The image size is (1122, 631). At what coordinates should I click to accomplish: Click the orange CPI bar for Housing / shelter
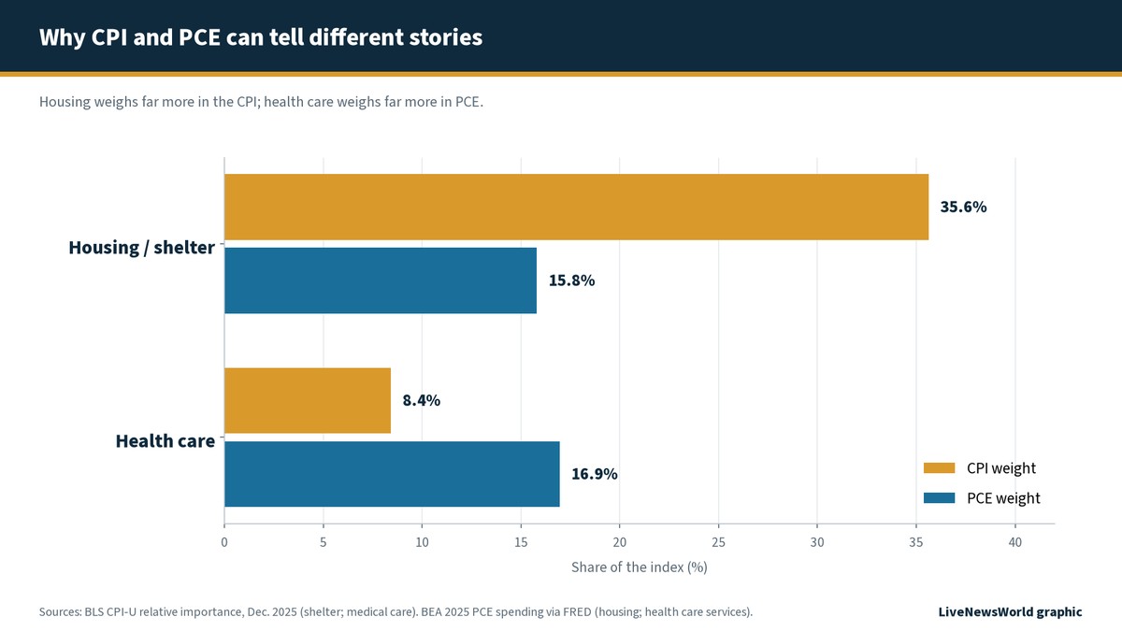point(577,207)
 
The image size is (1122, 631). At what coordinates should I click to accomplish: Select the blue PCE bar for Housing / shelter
point(381,280)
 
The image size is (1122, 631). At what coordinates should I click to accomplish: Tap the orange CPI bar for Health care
point(308,401)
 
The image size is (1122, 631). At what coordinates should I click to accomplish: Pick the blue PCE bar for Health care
point(392,474)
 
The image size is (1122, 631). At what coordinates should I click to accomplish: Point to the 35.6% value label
point(963,207)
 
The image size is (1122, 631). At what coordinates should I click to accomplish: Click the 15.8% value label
point(571,280)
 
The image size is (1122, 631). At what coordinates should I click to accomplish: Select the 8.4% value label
point(422,401)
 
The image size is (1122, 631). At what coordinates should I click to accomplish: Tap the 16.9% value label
point(595,474)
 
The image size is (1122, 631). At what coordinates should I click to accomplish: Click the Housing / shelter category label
point(142,248)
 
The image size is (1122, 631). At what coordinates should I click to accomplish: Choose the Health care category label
point(165,440)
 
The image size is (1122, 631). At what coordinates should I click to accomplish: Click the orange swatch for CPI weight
point(939,467)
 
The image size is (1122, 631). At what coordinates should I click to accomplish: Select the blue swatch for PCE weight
point(939,497)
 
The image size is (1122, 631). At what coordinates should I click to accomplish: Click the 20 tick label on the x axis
point(620,542)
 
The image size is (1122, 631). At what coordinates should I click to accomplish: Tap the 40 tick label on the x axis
point(1015,542)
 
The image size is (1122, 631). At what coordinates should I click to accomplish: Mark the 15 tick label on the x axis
point(521,542)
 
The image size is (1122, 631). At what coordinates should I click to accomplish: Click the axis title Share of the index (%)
point(640,567)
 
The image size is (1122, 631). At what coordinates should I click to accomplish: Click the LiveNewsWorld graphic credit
point(1010,612)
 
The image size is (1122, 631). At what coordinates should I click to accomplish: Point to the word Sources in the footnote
point(60,612)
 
